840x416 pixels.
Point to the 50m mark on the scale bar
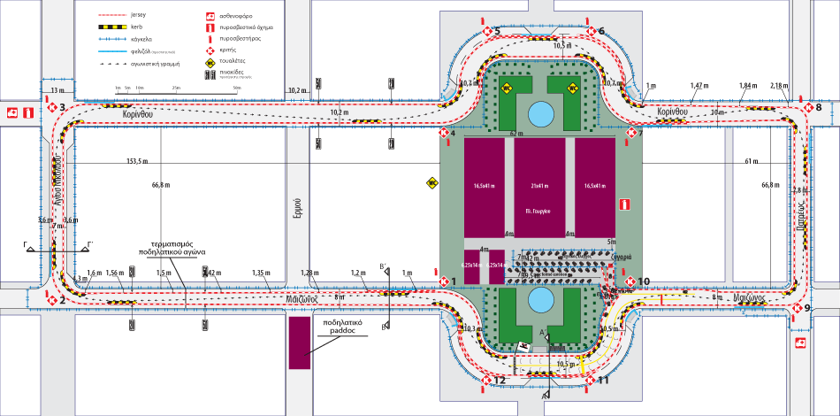[x=236, y=89]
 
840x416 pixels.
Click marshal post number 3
[x=52, y=108]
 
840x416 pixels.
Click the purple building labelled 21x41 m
[x=538, y=186]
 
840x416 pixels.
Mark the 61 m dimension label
[x=752, y=162]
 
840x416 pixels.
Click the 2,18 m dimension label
[x=778, y=85]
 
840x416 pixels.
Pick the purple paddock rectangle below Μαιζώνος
[x=299, y=343]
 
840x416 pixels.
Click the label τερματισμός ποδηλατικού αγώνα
[x=172, y=247]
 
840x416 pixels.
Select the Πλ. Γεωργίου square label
[x=538, y=212]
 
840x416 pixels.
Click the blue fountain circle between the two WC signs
[x=538, y=113]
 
